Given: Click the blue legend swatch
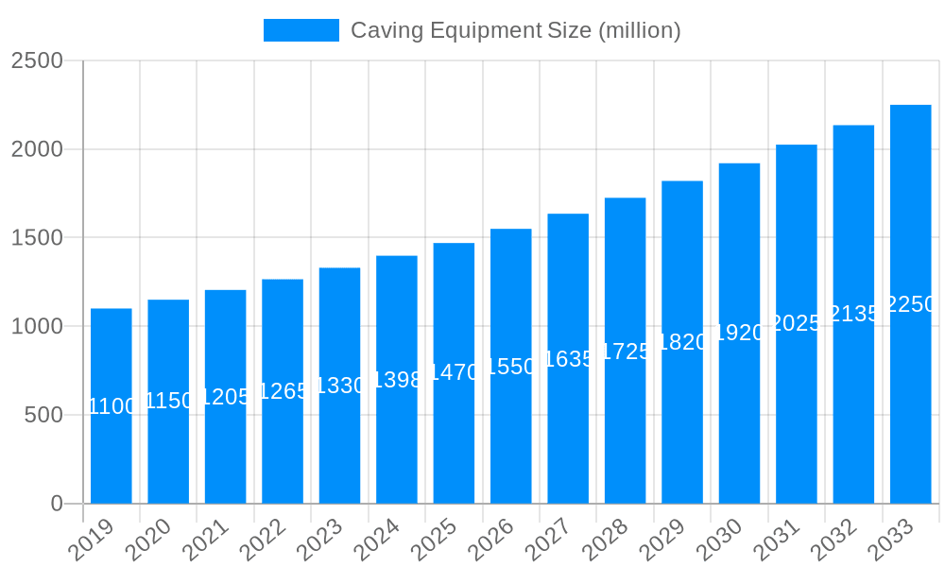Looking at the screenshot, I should pyautogui.click(x=301, y=30).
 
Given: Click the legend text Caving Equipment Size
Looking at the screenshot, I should pyautogui.click(x=515, y=30).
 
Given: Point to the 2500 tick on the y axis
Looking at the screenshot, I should pyautogui.click(x=37, y=61).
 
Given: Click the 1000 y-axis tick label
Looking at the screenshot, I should pyautogui.click(x=37, y=327).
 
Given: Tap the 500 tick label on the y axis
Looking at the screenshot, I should pyautogui.click(x=43, y=415).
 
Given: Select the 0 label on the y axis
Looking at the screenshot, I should pyautogui.click(x=57, y=504).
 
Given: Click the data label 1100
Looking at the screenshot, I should pyautogui.click(x=112, y=406).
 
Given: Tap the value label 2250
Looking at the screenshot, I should pyautogui.click(x=911, y=304).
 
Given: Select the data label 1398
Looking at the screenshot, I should pyautogui.click(x=397, y=380).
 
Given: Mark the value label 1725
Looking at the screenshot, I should pyautogui.click(x=626, y=352).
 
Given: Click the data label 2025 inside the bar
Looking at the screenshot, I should pyautogui.click(x=797, y=323).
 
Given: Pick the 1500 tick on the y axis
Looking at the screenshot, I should pyautogui.click(x=37, y=238).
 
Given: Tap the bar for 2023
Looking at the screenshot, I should pyautogui.click(x=339, y=444).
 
